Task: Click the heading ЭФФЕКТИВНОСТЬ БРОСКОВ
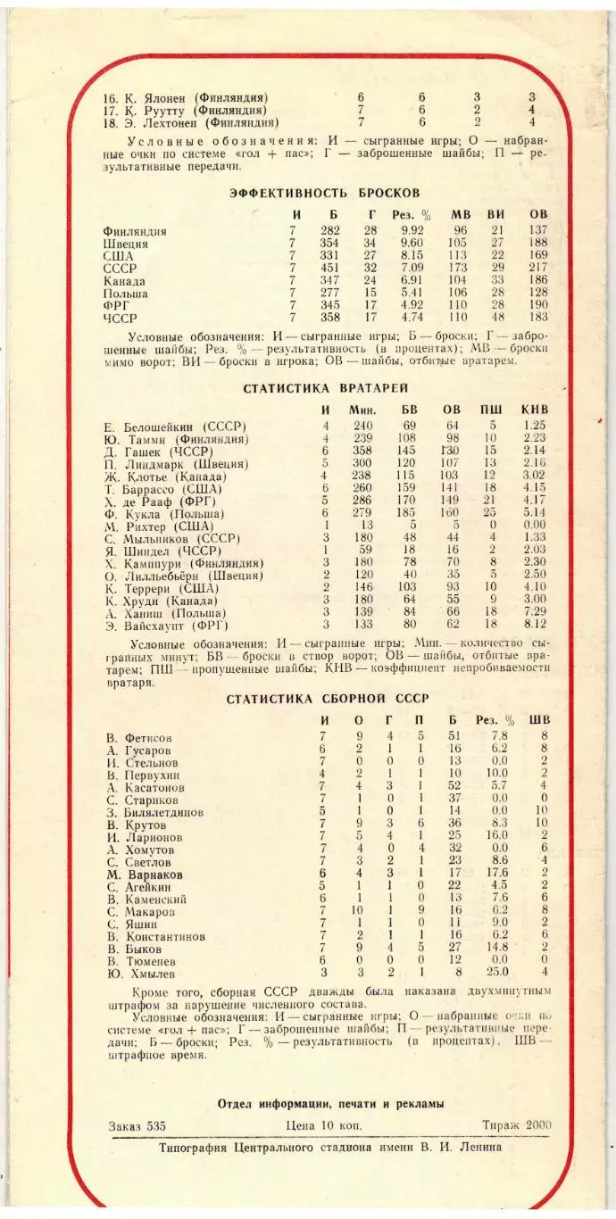[325, 193]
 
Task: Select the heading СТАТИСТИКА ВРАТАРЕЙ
[326, 388]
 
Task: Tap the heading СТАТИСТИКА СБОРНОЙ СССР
[327, 699]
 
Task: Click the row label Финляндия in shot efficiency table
[135, 232]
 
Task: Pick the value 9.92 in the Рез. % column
[411, 231]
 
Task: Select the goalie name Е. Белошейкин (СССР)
[175, 427]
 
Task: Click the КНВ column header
[535, 410]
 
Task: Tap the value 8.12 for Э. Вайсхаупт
[535, 625]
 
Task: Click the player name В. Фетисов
[138, 738]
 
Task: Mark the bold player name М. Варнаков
[145, 875]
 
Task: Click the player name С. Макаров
[141, 912]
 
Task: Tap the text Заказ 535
[135, 1125]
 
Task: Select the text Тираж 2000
[516, 1125]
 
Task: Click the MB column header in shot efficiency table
[460, 214]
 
